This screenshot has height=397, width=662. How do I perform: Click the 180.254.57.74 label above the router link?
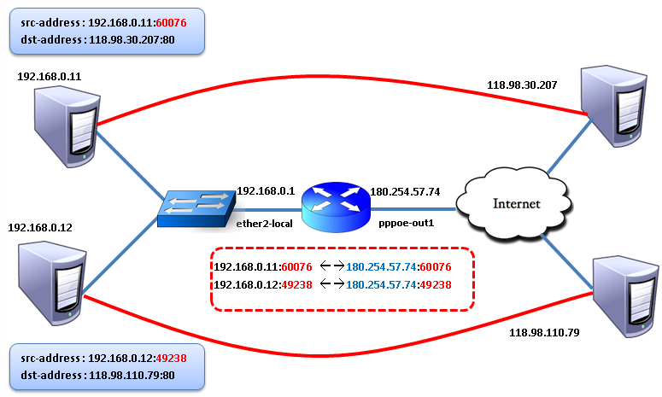coord(405,191)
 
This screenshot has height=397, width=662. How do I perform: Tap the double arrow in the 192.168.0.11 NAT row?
coord(331,266)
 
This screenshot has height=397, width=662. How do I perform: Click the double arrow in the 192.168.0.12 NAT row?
coord(331,284)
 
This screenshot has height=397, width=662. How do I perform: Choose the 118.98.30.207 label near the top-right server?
coord(522,85)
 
